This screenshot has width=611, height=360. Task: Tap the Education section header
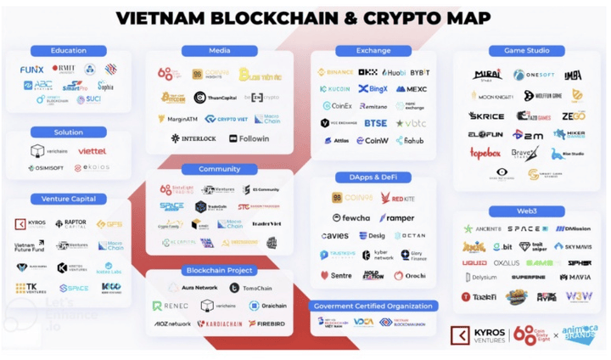pyautogui.click(x=69, y=51)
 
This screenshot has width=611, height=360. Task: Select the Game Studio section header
pyautogui.click(x=525, y=51)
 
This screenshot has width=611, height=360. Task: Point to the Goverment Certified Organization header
pyautogui.click(x=374, y=306)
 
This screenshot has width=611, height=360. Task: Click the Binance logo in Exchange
pyautogui.click(x=336, y=73)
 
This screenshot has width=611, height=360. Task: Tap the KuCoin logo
pyautogui.click(x=336, y=89)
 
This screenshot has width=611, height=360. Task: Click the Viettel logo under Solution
pyautogui.click(x=92, y=151)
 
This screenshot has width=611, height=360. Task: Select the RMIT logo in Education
pyautogui.click(x=64, y=69)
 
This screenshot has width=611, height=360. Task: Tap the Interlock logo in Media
pyautogui.click(x=193, y=138)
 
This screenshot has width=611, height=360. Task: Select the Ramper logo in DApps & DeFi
pyautogui.click(x=396, y=218)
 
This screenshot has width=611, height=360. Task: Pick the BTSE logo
pyautogui.click(x=375, y=123)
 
